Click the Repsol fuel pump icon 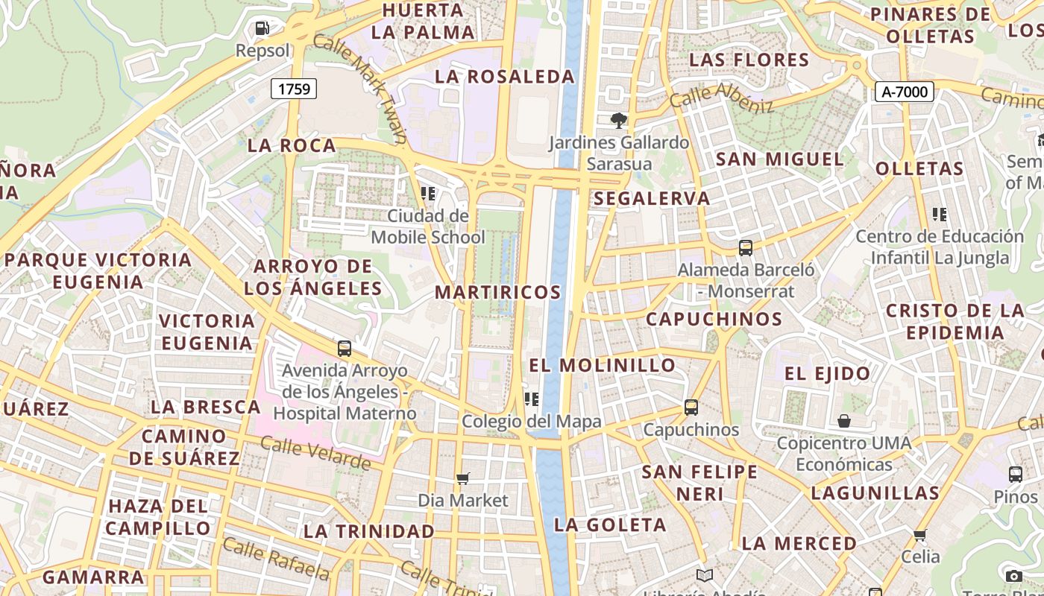click(262, 28)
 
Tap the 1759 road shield click(294, 89)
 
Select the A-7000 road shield click(904, 92)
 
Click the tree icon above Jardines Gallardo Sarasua click(618, 119)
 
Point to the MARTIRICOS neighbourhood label click(497, 292)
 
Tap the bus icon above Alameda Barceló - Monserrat click(745, 248)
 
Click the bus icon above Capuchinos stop click(691, 408)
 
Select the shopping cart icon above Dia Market click(463, 478)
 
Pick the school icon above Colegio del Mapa click(531, 399)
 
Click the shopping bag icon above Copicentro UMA click(843, 421)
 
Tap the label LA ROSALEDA click(505, 77)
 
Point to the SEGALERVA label click(652, 198)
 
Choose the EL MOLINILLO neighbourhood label click(602, 365)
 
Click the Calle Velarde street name click(315, 453)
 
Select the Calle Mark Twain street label click(362, 86)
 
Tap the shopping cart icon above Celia click(920, 535)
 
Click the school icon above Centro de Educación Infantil click(939, 215)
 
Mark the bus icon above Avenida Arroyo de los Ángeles click(344, 348)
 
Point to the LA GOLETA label click(609, 524)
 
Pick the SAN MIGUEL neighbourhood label click(779, 159)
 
